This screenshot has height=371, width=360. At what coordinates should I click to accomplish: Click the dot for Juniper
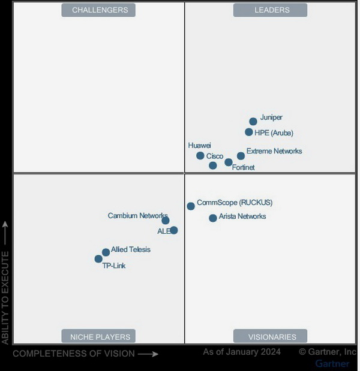pyautogui.click(x=253, y=122)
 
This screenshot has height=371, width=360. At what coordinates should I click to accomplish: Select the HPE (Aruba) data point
pyautogui.click(x=249, y=132)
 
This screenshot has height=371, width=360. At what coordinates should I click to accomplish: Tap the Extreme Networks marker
pyautogui.click(x=241, y=156)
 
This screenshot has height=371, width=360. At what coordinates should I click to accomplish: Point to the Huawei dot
pyautogui.click(x=200, y=156)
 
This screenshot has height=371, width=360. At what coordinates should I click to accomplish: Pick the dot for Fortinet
pyautogui.click(x=229, y=162)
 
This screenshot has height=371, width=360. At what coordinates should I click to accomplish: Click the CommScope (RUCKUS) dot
pyautogui.click(x=191, y=206)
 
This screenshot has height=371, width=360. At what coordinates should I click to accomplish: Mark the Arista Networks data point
pyautogui.click(x=213, y=218)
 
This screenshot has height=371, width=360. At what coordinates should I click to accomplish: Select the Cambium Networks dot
pyautogui.click(x=166, y=221)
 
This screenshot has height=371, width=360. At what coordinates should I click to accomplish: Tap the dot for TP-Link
pyautogui.click(x=98, y=259)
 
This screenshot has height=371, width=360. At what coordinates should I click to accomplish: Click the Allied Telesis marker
pyautogui.click(x=106, y=252)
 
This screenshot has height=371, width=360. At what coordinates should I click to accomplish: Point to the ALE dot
pyautogui.click(x=174, y=230)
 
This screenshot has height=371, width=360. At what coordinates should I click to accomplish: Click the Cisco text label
pyautogui.click(x=215, y=156)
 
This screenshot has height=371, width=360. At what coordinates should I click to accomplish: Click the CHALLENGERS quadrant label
pyautogui.click(x=100, y=10)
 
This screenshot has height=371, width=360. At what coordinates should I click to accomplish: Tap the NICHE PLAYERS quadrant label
pyautogui.click(x=99, y=336)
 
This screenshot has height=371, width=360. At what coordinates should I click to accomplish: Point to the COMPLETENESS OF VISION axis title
pyautogui.click(x=74, y=354)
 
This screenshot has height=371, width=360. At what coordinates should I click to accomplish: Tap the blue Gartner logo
pyautogui.click(x=332, y=364)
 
